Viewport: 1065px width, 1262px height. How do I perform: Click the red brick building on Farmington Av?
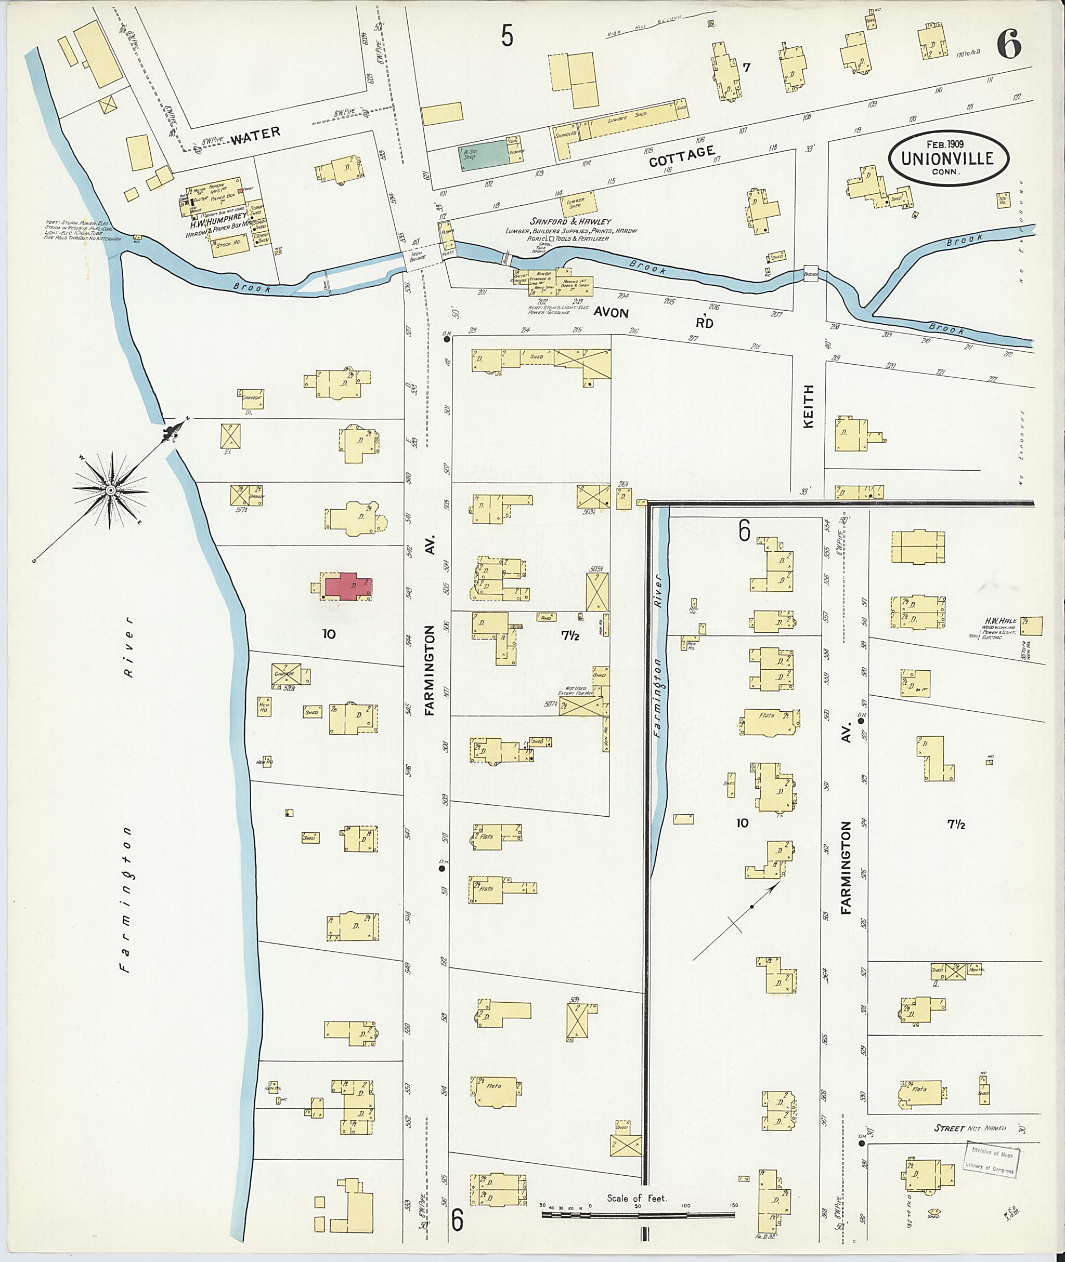click(x=348, y=587)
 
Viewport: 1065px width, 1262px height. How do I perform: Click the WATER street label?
click(x=256, y=134)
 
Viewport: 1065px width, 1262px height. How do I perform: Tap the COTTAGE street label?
click(x=682, y=157)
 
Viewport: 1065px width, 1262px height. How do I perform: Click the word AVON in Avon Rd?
click(x=611, y=312)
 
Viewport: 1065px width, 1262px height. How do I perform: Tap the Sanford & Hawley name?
click(x=570, y=221)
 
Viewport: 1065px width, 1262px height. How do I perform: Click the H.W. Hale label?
click(x=999, y=621)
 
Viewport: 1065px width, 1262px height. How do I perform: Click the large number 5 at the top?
click(x=506, y=36)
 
